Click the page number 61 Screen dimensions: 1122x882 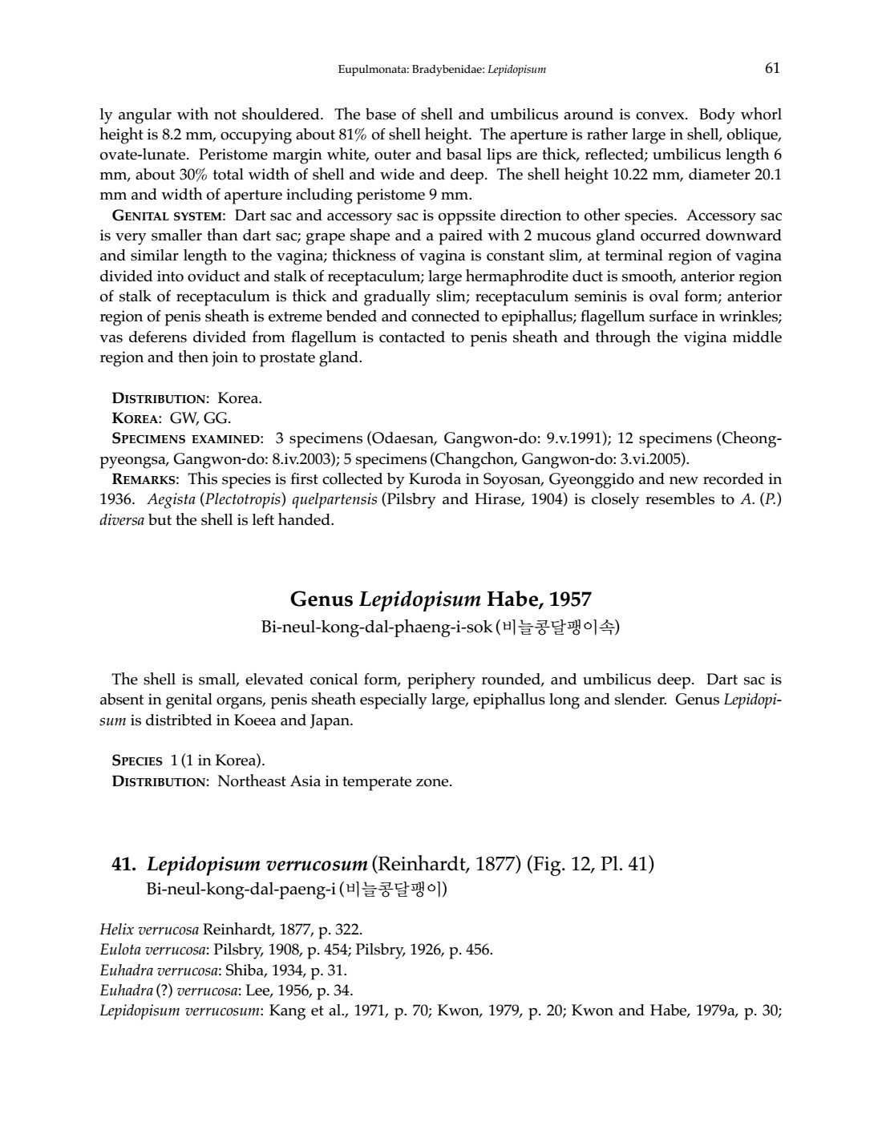(x=772, y=68)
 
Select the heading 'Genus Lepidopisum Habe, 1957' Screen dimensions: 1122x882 (x=440, y=599)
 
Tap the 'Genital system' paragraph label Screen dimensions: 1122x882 (x=168, y=216)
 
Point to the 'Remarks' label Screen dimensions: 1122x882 (x=145, y=479)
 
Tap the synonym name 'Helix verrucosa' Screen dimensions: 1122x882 (x=149, y=930)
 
